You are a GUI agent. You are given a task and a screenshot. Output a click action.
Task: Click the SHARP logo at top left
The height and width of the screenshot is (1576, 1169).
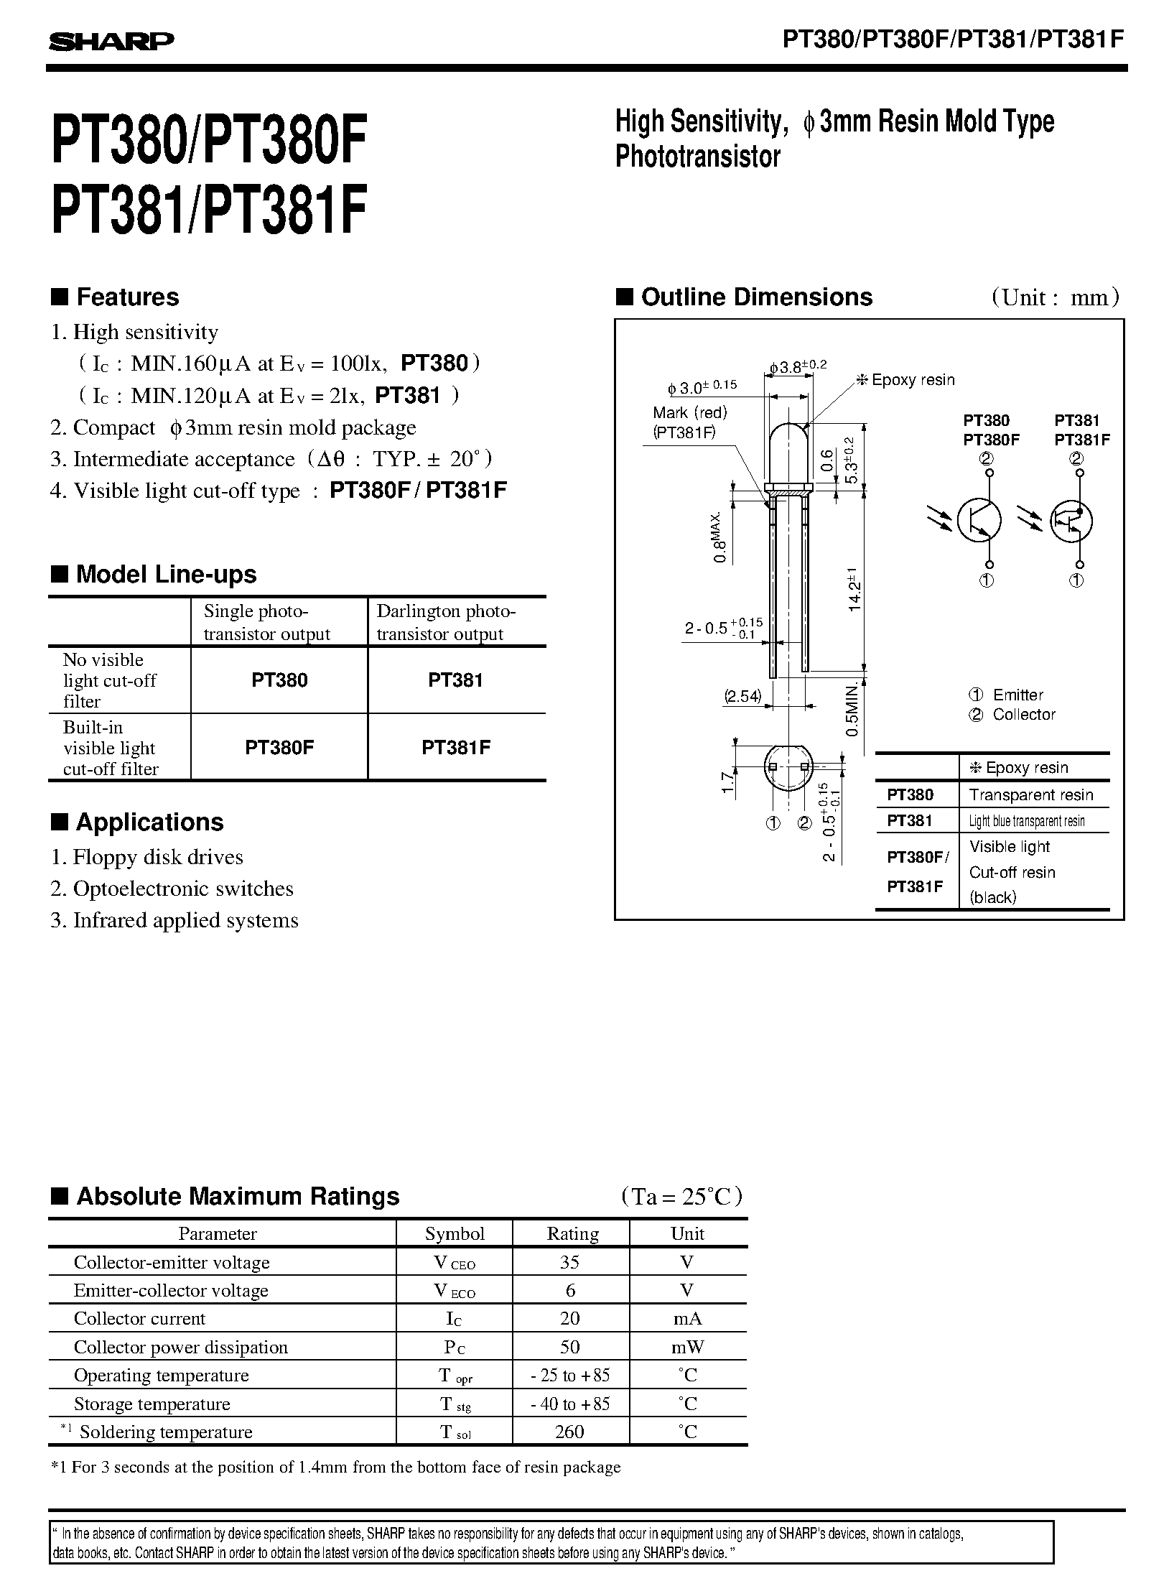(111, 42)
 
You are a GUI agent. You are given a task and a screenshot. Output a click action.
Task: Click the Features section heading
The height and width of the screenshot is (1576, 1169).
(127, 297)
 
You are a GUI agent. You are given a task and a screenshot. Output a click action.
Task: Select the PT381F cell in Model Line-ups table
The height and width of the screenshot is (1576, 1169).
(456, 747)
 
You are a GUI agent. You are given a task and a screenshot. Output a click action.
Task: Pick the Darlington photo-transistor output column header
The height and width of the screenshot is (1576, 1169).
(445, 622)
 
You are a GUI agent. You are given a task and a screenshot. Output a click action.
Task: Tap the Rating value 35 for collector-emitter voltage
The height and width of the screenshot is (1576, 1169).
(570, 1262)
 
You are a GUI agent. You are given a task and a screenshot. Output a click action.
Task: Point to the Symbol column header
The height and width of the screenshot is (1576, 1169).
(455, 1233)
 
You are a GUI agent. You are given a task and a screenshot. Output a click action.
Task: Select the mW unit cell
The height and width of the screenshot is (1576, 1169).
(687, 1347)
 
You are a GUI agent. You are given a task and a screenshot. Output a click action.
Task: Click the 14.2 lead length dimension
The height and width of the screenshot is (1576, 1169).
(853, 590)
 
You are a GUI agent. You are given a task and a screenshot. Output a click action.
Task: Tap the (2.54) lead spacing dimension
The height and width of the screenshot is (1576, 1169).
(742, 696)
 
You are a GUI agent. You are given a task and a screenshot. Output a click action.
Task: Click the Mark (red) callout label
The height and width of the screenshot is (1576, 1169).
(690, 412)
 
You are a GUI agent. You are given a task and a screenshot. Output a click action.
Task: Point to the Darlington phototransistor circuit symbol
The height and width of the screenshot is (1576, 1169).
(1071, 522)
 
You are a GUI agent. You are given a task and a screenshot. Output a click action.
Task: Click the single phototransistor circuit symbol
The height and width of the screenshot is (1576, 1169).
(979, 521)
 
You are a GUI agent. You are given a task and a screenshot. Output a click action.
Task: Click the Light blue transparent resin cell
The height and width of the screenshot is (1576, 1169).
(1026, 821)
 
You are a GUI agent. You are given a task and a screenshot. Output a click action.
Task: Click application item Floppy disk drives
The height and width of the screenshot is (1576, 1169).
(158, 857)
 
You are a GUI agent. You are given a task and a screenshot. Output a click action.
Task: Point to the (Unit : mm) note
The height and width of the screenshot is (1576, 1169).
(1055, 297)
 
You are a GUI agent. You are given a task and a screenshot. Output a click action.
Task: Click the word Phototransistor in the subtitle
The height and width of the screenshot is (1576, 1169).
(697, 157)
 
